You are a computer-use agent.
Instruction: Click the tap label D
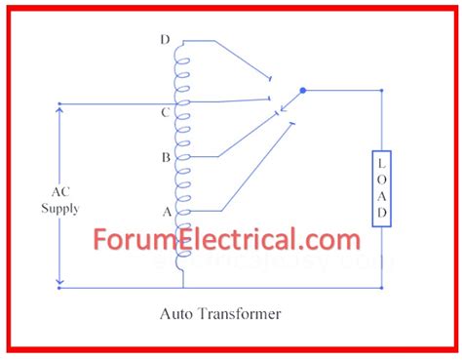[166, 40]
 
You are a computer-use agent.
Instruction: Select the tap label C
[166, 113]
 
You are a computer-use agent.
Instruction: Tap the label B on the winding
[166, 156]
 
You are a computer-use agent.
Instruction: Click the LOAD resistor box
[382, 187]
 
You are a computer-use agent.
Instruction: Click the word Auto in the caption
[178, 314]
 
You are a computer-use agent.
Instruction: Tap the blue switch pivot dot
[302, 91]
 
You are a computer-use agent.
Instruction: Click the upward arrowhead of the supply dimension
[60, 107]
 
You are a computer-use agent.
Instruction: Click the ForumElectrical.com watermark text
[227, 239]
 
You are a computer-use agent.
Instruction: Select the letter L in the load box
[382, 162]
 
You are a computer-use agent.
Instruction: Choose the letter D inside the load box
[382, 212]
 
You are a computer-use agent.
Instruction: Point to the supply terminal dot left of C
[60, 102]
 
